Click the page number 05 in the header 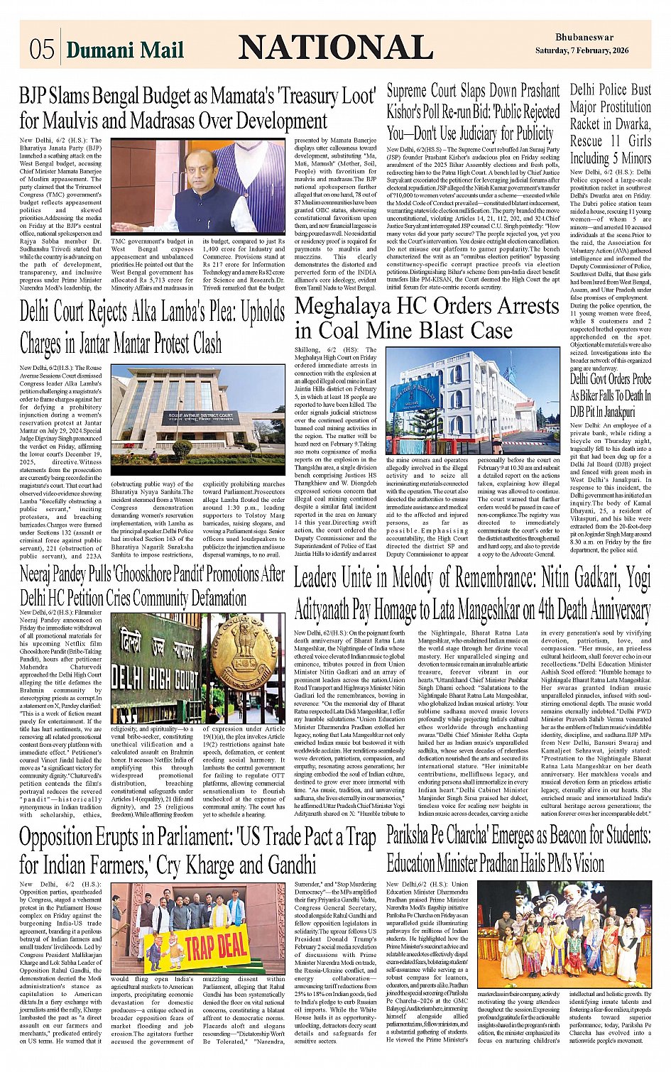pos(41,49)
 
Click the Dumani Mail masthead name pos(125,50)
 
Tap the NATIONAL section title pos(335,48)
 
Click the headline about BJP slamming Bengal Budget pos(197,108)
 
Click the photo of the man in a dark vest pos(198,186)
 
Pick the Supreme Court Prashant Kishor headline pos(473,112)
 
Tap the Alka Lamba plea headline pos(152,327)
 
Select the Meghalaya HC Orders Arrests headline pos(427,318)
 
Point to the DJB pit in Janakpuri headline pos(610,395)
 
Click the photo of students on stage pos(564,935)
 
